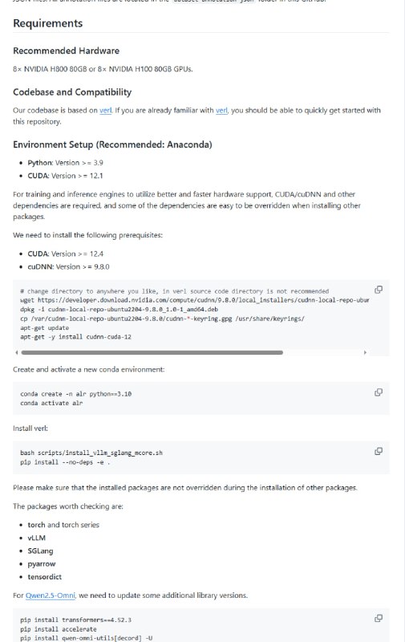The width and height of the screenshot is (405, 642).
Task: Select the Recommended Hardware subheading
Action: coord(66,51)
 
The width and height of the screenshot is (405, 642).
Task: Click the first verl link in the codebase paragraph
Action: coord(105,110)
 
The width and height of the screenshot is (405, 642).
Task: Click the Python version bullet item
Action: coord(61,163)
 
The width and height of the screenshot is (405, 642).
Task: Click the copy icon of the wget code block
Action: coord(379,289)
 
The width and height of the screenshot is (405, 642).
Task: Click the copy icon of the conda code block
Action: coord(379,392)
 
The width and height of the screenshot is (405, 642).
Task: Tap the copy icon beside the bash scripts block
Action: coord(379,451)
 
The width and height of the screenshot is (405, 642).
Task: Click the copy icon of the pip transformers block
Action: coord(379,618)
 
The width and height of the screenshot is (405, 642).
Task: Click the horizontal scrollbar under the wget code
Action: coord(152,352)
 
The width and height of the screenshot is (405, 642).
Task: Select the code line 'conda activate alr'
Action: coord(52,403)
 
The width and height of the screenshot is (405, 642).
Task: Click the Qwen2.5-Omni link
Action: coord(47,595)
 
